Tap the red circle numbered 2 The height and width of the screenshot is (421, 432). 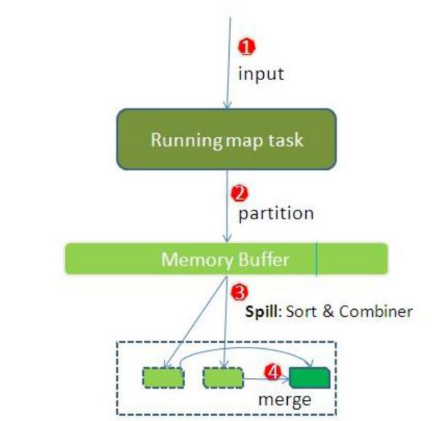coord(239,194)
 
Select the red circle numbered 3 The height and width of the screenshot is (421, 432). coord(239,292)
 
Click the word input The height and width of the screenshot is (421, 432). coord(260,74)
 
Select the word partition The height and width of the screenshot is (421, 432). coord(276,214)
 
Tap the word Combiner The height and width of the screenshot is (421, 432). coord(375,311)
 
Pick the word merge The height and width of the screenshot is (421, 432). coord(285,400)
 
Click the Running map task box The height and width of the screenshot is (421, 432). coord(226,139)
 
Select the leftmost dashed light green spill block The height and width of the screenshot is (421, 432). coord(162,377)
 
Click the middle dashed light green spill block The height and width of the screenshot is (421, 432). coord(223,377)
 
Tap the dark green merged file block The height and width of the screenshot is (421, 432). coord(309,377)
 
